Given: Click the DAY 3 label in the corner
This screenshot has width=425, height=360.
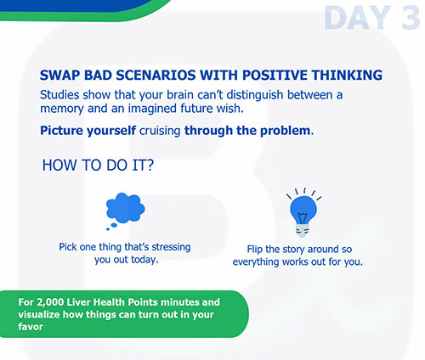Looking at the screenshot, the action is pyautogui.click(x=372, y=18).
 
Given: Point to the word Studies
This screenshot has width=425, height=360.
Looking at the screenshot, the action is pyautogui.click(x=59, y=95).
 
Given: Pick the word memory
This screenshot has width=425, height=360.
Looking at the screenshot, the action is pyautogui.click(x=62, y=109).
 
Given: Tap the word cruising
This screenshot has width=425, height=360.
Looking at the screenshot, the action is pyautogui.click(x=160, y=131).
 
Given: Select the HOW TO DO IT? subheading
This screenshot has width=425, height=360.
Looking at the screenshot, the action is pyautogui.click(x=98, y=165).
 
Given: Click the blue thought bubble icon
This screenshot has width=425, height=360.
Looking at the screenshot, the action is pyautogui.click(x=125, y=211).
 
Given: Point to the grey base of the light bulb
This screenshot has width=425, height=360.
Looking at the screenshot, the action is pyautogui.click(x=303, y=230).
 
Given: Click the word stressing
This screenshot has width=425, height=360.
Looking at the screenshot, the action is pyautogui.click(x=171, y=247).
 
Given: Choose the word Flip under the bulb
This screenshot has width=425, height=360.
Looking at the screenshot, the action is pyautogui.click(x=255, y=250).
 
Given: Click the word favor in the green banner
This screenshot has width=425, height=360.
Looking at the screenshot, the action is pyautogui.click(x=31, y=327).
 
